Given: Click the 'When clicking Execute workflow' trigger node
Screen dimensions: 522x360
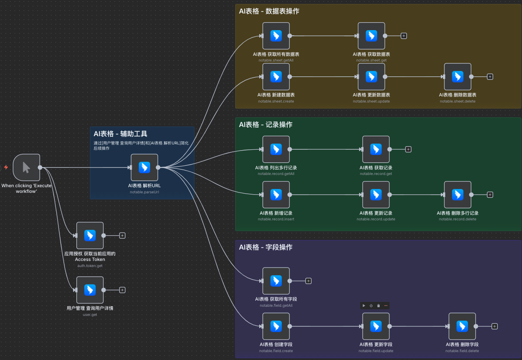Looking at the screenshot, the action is [x=26, y=168].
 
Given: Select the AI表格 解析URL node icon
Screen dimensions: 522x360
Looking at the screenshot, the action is [x=144, y=168].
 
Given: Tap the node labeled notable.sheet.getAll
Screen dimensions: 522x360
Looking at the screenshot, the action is [x=276, y=36].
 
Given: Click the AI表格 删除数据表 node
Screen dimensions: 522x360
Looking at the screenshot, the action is [x=458, y=76].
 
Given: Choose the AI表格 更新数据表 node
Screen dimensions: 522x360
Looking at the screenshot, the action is [x=371, y=76].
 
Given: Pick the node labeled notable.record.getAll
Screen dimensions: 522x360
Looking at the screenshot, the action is [x=276, y=149].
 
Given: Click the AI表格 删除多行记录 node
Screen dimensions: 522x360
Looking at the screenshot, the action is [x=458, y=195].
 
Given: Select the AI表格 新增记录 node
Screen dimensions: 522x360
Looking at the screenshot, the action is [x=276, y=195].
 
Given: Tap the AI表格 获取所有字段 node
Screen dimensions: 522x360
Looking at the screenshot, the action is [x=276, y=281].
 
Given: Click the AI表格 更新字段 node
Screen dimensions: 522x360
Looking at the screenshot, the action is [x=376, y=326].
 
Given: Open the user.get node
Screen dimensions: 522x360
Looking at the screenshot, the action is [x=90, y=290].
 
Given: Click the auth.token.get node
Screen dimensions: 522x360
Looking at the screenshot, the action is [x=90, y=236].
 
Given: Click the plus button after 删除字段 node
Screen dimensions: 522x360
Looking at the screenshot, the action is [x=495, y=326].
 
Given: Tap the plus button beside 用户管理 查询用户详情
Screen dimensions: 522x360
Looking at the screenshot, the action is [x=122, y=290].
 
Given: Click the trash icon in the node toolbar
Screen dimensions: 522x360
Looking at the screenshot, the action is [x=378, y=305].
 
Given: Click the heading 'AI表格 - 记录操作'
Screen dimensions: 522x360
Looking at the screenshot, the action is [x=266, y=125].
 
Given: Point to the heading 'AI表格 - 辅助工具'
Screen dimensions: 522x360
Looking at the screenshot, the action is [x=120, y=134].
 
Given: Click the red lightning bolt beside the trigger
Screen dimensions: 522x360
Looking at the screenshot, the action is [x=6, y=168].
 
